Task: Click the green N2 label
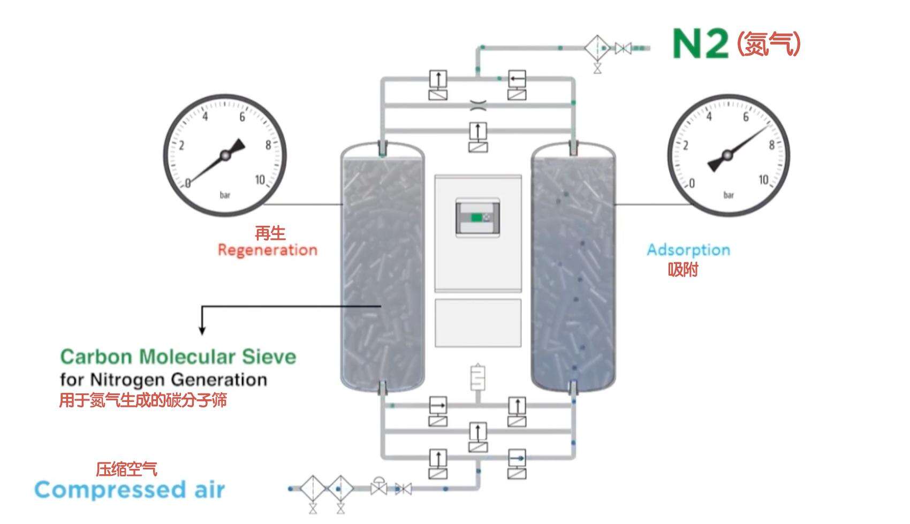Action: coord(700,43)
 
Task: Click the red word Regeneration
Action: coord(268,250)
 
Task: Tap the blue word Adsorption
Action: coord(688,250)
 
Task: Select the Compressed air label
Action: coord(130,490)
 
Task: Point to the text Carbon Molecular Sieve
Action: coord(178,356)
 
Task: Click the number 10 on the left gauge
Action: coord(260,180)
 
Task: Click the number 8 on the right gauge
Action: coord(771,145)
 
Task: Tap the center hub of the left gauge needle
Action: coord(225,155)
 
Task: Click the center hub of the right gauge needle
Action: coord(727,156)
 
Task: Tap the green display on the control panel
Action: coord(476,217)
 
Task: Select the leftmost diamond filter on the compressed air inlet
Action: coord(313,488)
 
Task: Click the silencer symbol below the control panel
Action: coord(477,377)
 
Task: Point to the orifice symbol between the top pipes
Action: coord(478,105)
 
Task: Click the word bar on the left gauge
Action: coord(225,195)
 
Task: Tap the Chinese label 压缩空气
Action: coord(126,469)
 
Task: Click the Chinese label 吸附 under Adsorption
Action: coord(683,270)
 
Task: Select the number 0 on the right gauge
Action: coord(692,184)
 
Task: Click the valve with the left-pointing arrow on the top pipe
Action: coord(517,79)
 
